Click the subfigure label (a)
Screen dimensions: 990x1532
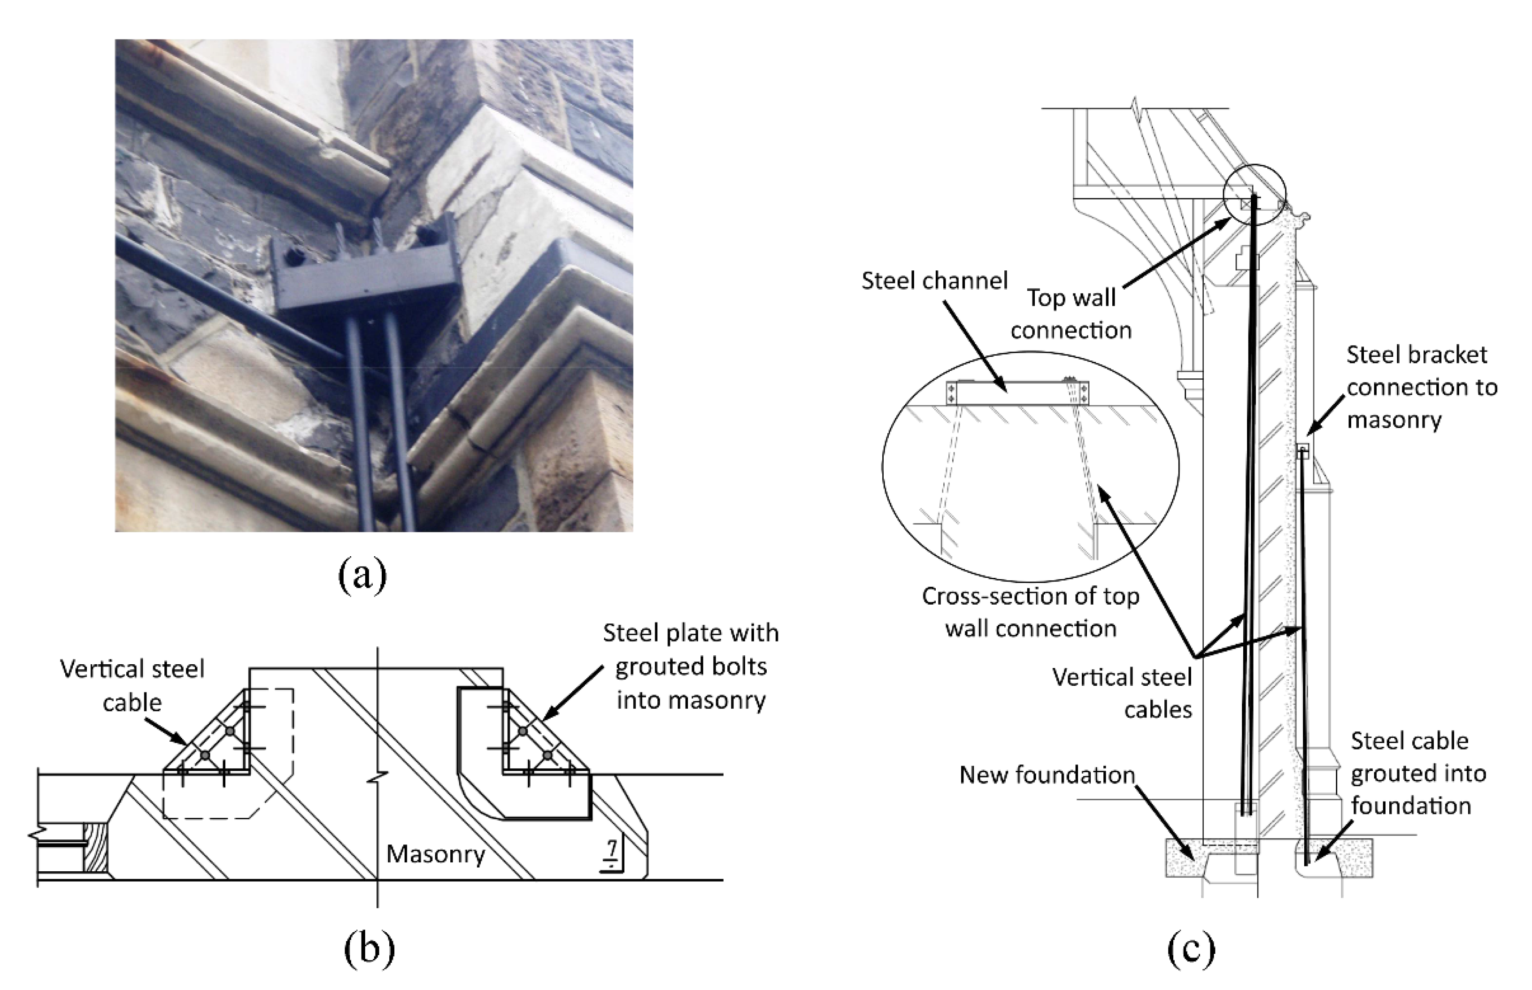tap(362, 574)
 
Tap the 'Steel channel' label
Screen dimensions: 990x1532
tap(934, 281)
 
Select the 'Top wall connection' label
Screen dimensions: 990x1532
tap(1071, 314)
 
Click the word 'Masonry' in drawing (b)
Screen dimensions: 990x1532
tap(435, 854)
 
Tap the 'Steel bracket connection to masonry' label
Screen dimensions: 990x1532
tap(1421, 387)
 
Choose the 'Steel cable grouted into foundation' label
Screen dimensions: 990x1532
tap(1417, 773)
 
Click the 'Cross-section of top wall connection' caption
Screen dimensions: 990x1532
tap(1031, 612)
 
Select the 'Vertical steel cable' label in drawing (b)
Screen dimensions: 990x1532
tap(132, 685)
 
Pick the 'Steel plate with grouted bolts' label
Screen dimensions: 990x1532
tap(691, 666)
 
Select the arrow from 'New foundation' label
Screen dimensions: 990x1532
tap(1165, 825)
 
